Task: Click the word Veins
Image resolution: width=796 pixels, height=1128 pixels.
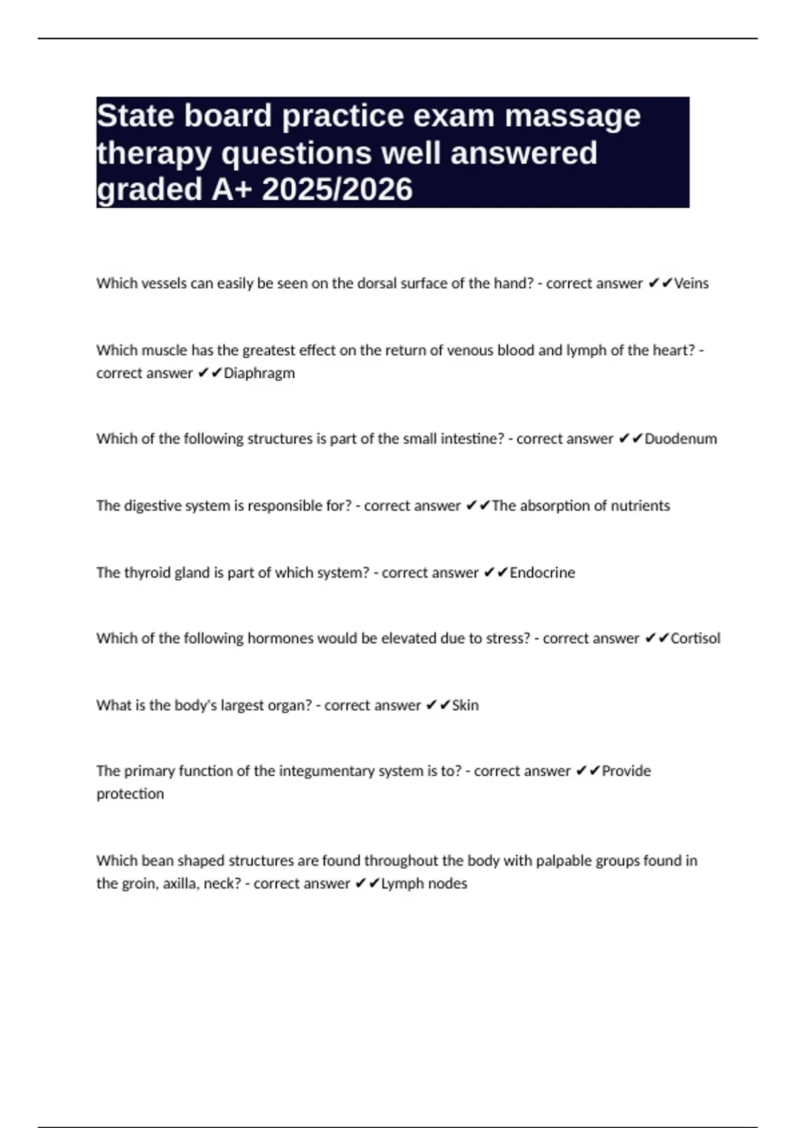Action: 691,283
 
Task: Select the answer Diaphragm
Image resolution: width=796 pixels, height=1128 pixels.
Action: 259,373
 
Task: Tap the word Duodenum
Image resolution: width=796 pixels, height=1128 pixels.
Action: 681,439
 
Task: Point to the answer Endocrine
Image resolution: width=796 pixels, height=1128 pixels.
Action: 542,573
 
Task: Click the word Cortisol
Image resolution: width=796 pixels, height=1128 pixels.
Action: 695,638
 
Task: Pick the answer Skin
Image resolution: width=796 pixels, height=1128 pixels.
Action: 465,705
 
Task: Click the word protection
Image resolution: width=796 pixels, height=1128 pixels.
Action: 130,794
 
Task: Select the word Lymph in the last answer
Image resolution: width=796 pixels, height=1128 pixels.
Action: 401,884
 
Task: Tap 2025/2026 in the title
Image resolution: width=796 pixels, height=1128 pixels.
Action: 337,190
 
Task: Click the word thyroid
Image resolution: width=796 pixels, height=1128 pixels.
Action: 147,573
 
